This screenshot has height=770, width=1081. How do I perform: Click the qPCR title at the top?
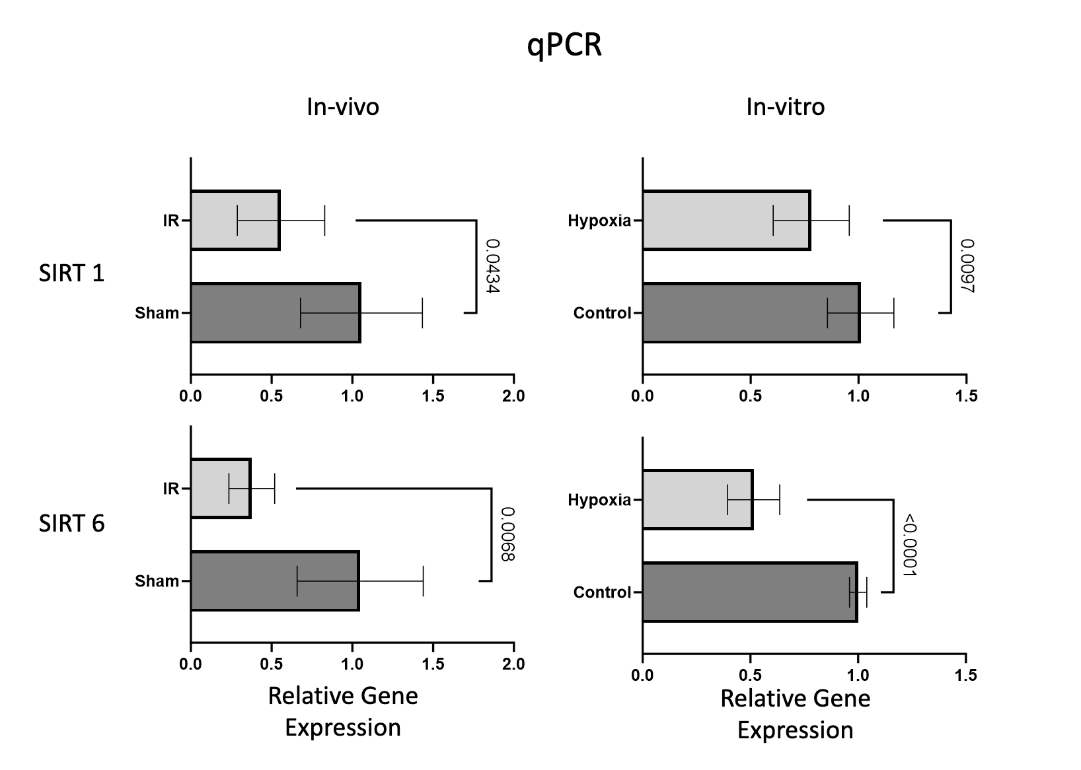pos(564,46)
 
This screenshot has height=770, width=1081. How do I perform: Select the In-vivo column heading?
pos(342,107)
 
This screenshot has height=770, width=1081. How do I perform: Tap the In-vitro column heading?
pos(785,107)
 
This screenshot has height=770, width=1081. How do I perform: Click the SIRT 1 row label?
pos(71,273)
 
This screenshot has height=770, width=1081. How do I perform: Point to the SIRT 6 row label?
pos(71,524)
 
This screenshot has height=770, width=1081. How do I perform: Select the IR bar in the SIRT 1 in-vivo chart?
pos(235,221)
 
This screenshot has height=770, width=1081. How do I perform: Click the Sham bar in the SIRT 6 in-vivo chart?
pos(274,581)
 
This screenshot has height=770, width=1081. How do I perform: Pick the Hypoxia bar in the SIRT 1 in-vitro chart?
pos(726,221)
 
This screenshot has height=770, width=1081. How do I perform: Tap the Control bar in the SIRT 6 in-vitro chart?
pos(749,592)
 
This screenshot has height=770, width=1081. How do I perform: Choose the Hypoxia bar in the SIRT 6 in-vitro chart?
pos(696,500)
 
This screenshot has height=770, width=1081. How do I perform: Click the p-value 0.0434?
pos(492,266)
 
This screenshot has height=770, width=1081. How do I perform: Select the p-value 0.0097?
pos(967,265)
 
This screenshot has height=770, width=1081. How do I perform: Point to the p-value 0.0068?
pos(507,534)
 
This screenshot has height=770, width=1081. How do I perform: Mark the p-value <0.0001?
pos(909,545)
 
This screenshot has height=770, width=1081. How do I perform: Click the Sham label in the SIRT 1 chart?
pos(157,313)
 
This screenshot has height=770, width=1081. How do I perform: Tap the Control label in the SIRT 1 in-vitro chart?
pos(602,313)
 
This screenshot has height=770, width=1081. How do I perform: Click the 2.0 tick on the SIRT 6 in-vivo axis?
pos(513,664)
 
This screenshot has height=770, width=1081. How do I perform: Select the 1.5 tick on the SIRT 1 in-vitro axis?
pos(966,396)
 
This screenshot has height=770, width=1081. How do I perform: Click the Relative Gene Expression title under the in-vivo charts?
pos(342,711)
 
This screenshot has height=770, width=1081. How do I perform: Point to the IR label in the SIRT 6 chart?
pos(170,489)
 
